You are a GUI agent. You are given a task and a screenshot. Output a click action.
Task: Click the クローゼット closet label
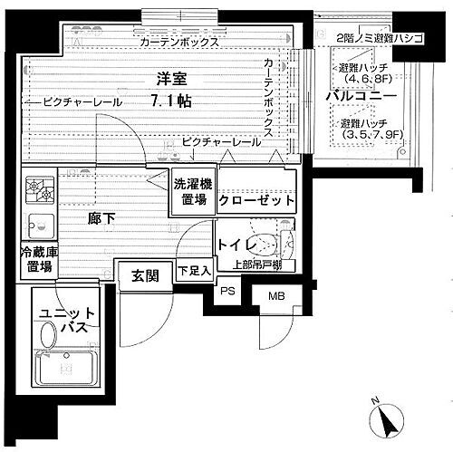[256, 200]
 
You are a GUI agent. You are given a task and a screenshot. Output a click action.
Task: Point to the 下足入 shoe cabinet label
[194, 270]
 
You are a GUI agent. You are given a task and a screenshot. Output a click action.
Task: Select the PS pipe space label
[227, 292]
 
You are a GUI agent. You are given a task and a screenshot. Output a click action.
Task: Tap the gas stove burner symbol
[39, 190]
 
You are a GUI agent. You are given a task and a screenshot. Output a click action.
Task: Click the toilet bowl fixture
[263, 242]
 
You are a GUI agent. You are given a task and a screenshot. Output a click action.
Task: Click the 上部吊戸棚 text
[258, 265]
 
